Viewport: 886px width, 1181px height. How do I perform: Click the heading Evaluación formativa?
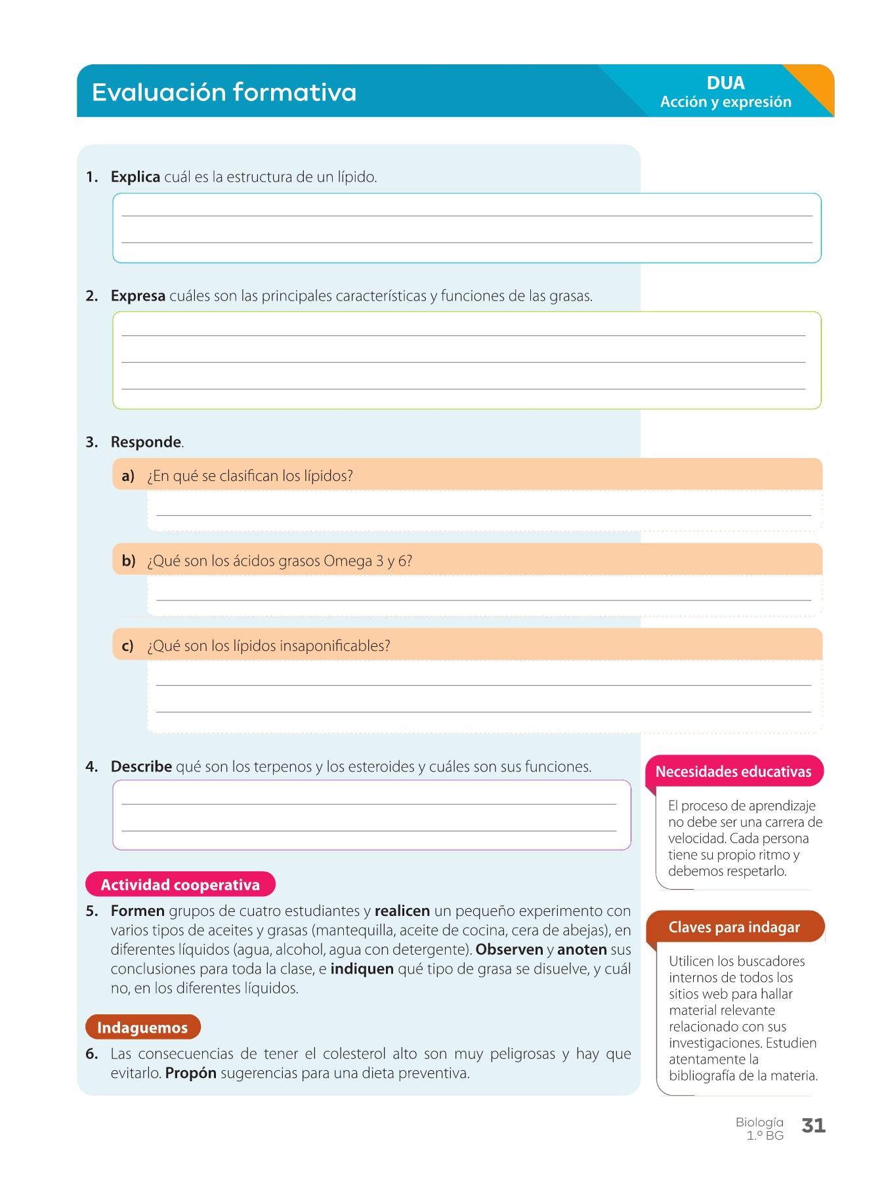point(224,93)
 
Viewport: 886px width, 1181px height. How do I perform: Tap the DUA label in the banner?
point(725,83)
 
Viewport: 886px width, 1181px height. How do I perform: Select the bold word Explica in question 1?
point(135,177)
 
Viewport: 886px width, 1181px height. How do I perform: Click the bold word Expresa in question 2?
point(138,296)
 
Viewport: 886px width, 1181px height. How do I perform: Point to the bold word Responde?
point(146,442)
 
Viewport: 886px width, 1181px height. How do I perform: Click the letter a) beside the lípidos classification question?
point(128,476)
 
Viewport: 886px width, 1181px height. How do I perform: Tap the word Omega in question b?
point(347,561)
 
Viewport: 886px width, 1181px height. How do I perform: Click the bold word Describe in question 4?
point(141,766)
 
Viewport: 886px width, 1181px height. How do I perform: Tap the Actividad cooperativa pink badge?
point(180,884)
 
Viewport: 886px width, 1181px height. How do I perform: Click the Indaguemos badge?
point(142,1027)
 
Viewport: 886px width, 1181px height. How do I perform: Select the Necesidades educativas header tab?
point(733,772)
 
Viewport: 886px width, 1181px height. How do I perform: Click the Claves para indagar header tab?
point(734,927)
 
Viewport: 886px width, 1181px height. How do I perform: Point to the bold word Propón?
point(190,1073)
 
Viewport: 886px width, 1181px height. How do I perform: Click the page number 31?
point(813,1126)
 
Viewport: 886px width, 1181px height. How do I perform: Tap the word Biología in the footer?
point(759,1122)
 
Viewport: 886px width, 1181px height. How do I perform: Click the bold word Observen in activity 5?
point(509,949)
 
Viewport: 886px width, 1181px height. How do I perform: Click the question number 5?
point(91,911)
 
